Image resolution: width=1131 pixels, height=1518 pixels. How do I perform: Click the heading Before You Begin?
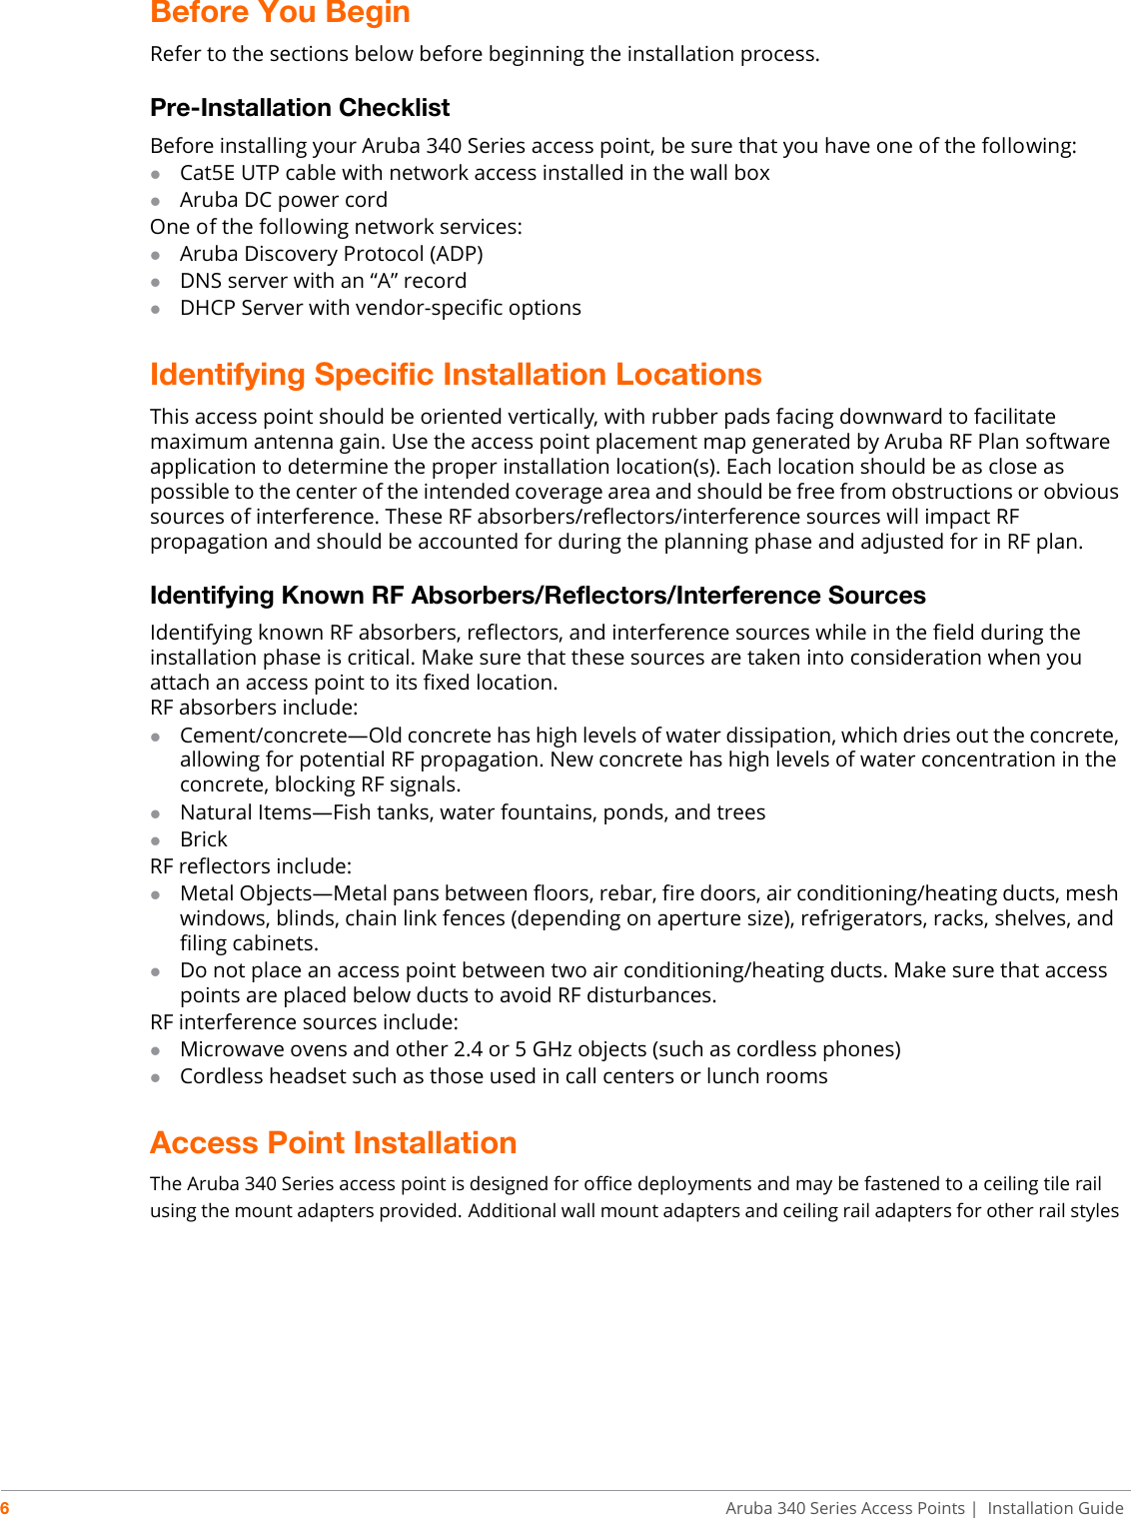point(280,13)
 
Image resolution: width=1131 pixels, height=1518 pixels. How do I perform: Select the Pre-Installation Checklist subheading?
point(300,107)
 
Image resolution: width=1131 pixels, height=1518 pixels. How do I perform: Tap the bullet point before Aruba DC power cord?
point(156,201)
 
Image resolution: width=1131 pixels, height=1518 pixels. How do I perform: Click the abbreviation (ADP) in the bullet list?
point(456,254)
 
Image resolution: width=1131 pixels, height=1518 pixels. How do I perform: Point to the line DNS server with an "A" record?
point(323,281)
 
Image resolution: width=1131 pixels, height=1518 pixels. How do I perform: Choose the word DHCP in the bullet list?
point(207,308)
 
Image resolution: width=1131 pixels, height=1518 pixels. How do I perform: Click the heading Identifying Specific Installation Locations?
point(456,374)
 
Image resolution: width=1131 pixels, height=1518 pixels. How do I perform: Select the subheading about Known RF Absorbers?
point(538,595)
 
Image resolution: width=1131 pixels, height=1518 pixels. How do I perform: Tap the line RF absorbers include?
point(254,708)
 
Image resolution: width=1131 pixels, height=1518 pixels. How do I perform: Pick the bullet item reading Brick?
point(204,839)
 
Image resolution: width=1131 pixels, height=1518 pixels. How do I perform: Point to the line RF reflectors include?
point(251,866)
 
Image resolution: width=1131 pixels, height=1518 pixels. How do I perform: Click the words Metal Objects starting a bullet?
point(246,893)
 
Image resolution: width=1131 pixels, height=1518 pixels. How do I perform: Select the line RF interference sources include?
point(304,1022)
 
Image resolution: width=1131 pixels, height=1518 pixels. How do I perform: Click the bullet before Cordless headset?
point(156,1077)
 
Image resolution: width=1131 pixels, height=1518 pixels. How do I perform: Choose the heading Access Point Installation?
point(333,1142)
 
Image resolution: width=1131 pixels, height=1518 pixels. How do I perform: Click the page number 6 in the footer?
point(5,1508)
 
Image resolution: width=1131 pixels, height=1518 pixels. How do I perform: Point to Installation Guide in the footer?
point(1055,1508)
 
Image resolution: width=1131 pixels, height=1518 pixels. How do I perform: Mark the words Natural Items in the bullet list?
point(246,812)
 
